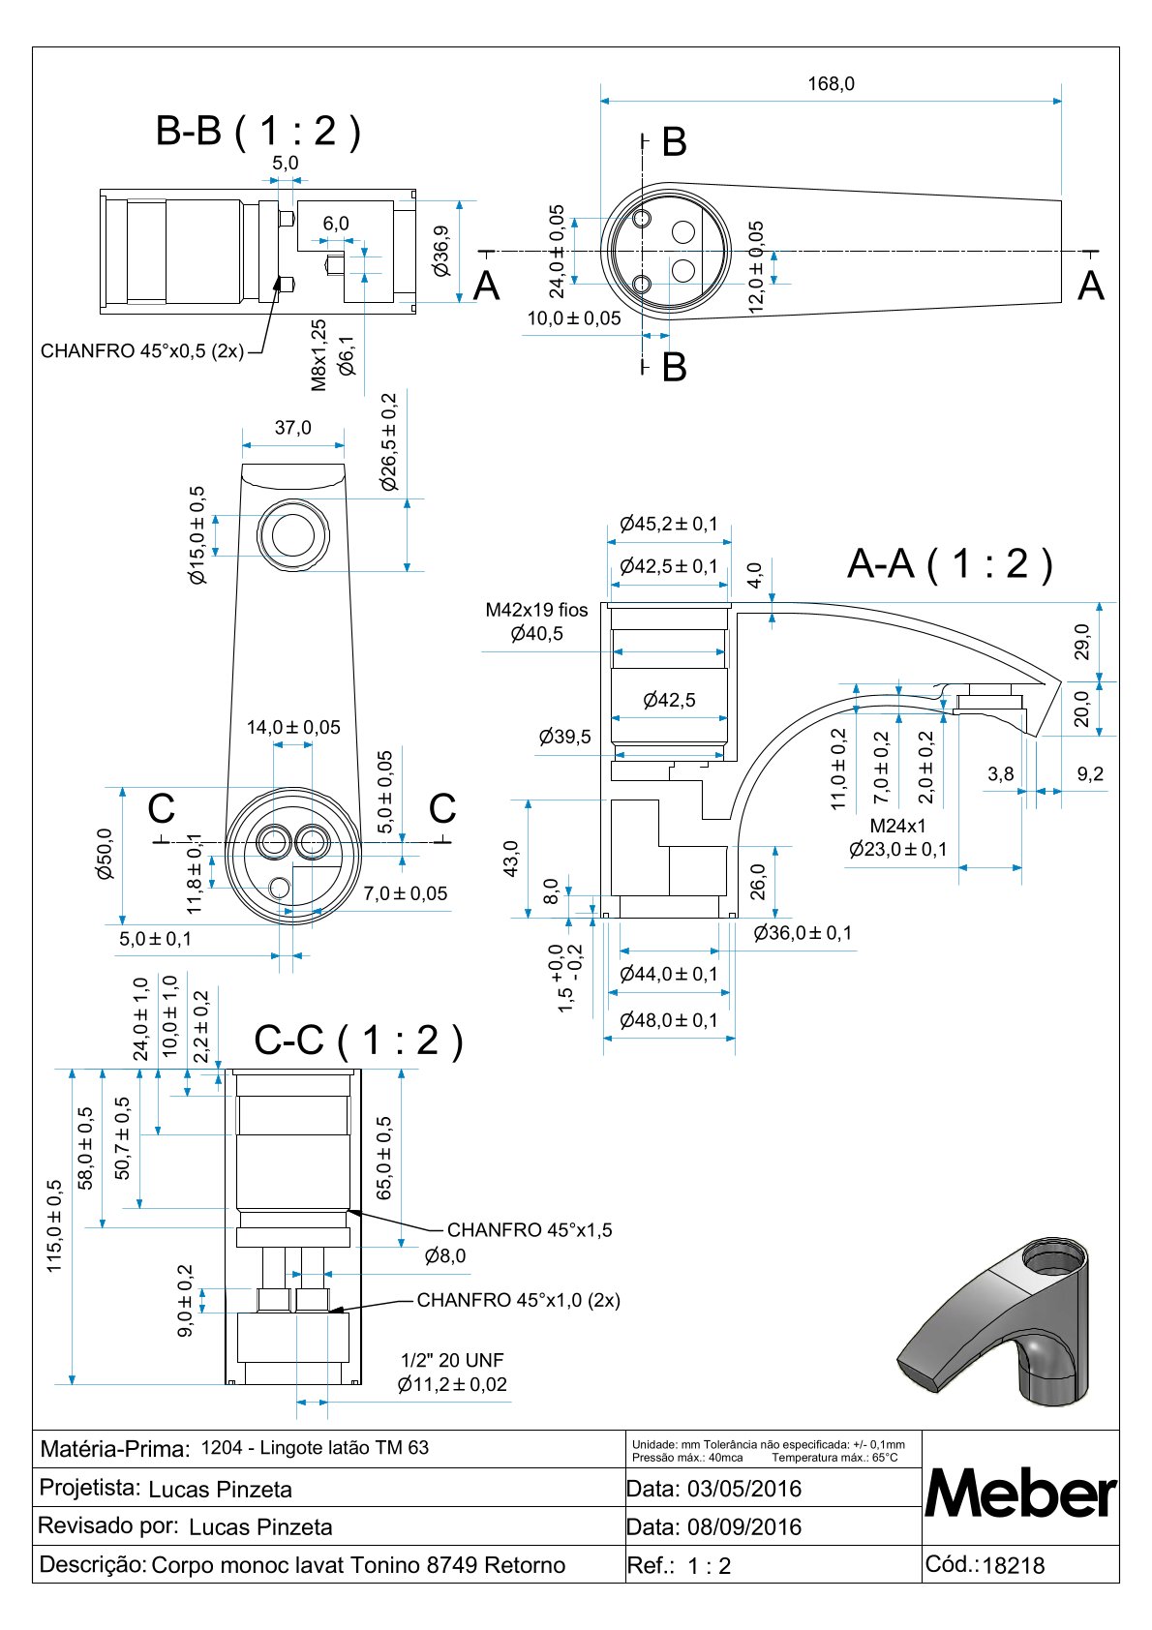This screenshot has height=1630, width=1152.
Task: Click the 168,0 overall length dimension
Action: (831, 84)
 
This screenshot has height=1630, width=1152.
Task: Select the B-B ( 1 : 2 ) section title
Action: (258, 131)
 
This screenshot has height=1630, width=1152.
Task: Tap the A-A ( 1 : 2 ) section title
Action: (949, 563)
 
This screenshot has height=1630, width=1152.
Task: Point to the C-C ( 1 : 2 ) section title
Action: (358, 1041)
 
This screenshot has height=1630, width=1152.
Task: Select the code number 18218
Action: (1014, 1565)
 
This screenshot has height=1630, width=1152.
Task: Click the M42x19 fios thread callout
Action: (536, 610)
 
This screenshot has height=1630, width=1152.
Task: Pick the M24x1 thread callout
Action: (897, 826)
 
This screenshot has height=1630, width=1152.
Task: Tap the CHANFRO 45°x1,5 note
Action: (530, 1230)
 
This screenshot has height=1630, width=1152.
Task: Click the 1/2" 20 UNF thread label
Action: (452, 1360)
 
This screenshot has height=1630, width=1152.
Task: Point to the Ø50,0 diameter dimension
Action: (105, 854)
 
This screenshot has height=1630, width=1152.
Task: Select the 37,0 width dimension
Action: (292, 428)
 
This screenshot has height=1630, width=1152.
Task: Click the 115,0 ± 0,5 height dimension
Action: (54, 1225)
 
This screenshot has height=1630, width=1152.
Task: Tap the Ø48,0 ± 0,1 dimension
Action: (669, 1020)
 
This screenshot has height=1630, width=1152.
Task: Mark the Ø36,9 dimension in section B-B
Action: (441, 252)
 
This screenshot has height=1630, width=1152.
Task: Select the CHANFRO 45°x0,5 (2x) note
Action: (142, 350)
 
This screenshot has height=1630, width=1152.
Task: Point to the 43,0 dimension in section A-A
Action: (511, 858)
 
